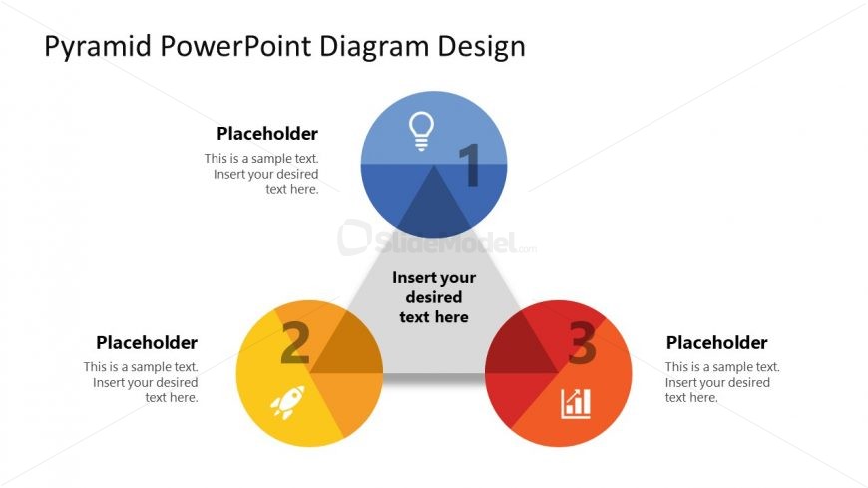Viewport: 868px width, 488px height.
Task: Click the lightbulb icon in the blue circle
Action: point(421,132)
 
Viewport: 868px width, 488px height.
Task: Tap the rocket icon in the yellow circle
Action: point(288,402)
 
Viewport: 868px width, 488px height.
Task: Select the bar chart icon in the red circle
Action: point(576,404)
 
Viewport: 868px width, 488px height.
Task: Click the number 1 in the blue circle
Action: point(470,165)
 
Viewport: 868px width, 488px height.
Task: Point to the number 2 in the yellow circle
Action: point(295,343)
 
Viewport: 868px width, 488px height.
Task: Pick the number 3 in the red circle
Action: point(582,343)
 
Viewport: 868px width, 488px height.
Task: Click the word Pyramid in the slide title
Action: point(98,46)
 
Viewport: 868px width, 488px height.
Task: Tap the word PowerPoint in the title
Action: point(236,45)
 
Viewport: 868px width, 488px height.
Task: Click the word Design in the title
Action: point(481,47)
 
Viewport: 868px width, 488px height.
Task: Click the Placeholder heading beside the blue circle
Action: point(267,134)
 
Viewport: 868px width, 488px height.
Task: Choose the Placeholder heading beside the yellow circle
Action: point(147,343)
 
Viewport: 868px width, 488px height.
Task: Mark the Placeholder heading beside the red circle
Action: point(717,343)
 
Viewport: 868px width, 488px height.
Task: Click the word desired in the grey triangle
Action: point(434,297)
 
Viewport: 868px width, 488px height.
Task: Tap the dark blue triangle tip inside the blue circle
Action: point(434,203)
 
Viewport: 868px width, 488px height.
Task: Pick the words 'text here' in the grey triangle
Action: point(434,317)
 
